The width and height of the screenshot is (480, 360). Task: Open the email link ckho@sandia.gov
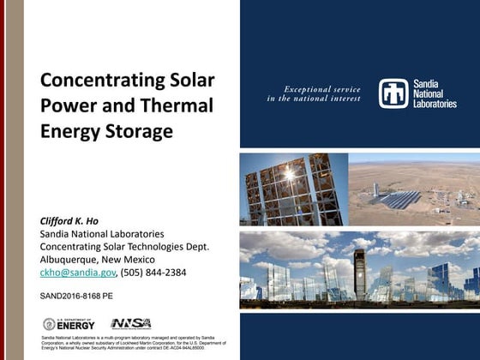click(77, 273)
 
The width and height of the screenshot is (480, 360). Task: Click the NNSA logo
click(130, 323)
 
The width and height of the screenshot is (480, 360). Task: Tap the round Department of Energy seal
click(50, 323)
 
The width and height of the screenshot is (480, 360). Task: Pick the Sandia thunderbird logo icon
click(394, 93)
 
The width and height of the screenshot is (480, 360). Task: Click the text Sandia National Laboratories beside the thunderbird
click(435, 93)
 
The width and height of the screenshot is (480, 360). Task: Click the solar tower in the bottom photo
click(359, 274)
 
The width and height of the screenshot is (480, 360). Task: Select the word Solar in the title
click(192, 81)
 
